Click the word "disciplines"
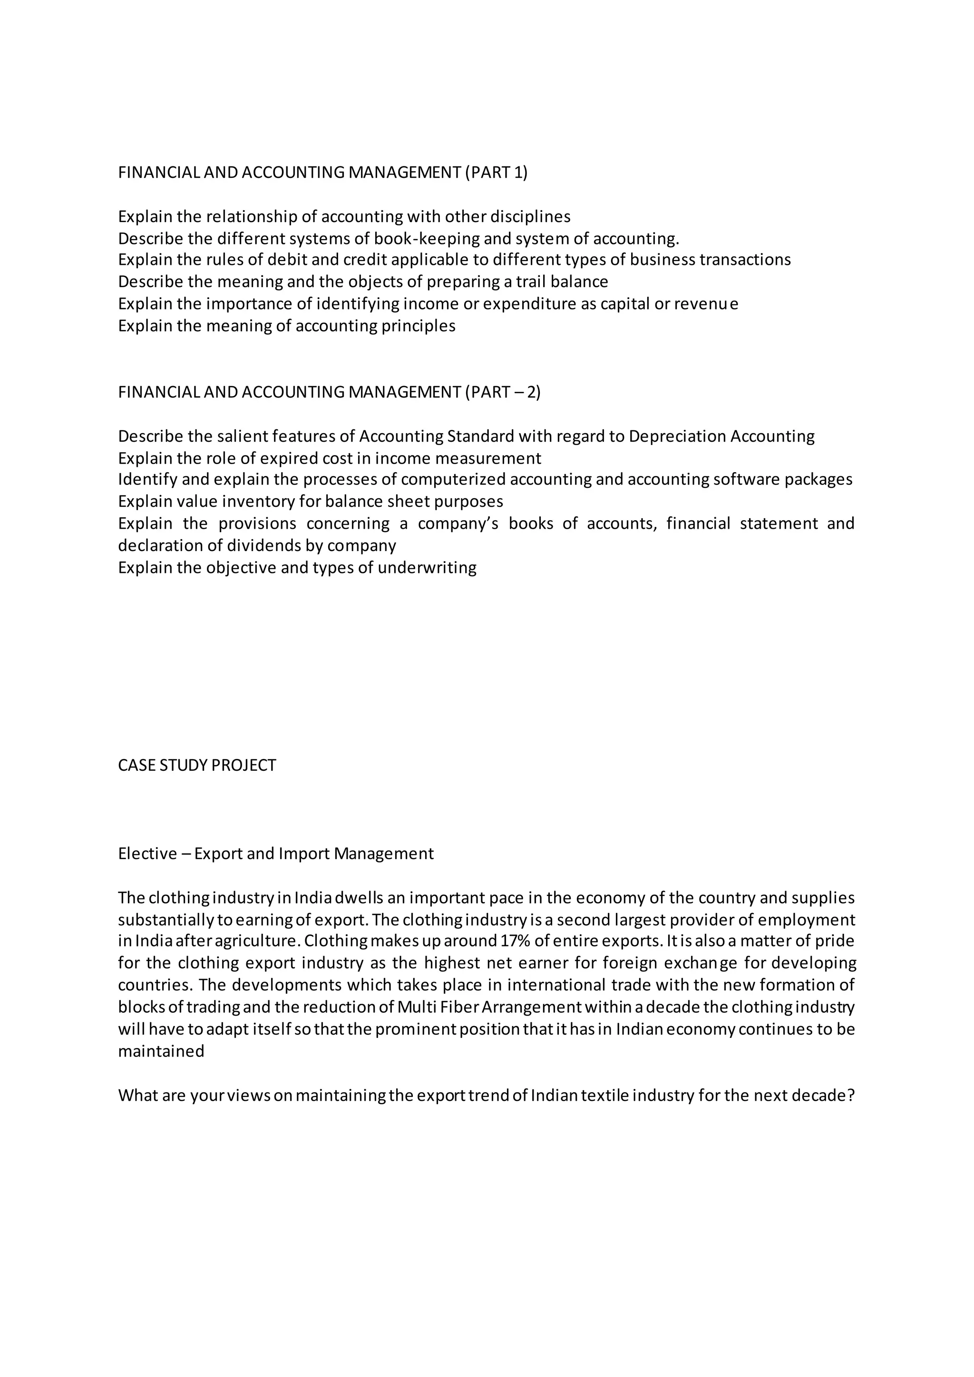[x=530, y=216]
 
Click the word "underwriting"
[x=427, y=568]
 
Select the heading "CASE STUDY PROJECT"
[x=197, y=766]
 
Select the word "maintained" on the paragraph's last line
[x=161, y=1051]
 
